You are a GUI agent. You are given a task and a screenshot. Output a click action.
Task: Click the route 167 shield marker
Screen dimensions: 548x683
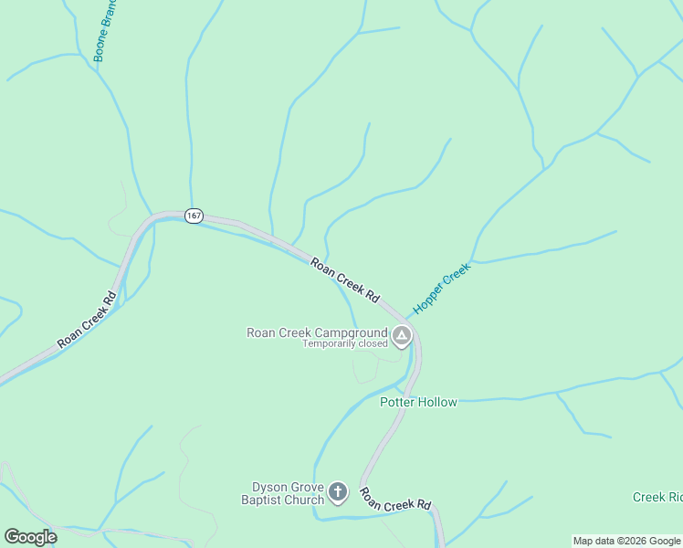(193, 216)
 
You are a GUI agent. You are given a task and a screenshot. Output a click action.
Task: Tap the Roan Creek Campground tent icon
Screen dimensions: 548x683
(402, 337)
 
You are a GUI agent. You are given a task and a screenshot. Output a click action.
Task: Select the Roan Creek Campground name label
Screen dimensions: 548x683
(317, 332)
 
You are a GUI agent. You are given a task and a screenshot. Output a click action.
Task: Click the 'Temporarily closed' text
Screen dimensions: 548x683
(345, 344)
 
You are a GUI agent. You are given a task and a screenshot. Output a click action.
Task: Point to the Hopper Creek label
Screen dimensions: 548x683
(441, 289)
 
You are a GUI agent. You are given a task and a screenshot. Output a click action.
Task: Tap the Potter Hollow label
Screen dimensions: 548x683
(418, 402)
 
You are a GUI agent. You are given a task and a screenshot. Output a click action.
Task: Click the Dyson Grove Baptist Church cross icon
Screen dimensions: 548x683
(337, 493)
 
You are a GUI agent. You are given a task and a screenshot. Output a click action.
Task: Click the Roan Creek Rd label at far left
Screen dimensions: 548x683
(88, 319)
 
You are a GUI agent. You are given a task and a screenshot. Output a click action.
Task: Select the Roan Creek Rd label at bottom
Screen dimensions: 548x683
(394, 500)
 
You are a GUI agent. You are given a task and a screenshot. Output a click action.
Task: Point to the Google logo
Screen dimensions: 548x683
(30, 536)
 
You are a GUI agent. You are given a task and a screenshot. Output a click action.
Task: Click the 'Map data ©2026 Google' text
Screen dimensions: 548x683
(626, 541)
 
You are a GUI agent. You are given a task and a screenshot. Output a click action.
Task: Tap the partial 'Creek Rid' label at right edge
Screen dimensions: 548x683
(657, 497)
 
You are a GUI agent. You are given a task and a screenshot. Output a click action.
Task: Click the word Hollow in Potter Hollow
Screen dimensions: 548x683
(438, 402)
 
